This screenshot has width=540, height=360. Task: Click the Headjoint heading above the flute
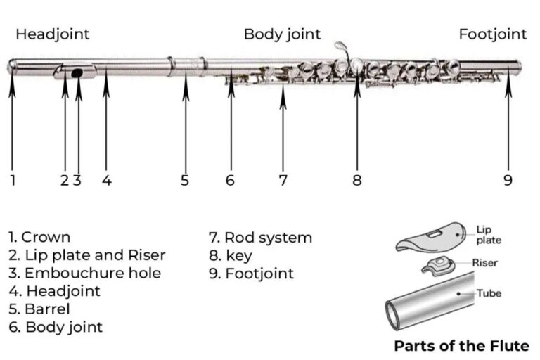[53, 34]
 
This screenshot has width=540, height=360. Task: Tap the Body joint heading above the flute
[282, 34]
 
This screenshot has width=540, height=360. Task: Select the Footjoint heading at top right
[492, 34]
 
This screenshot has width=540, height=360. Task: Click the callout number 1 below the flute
[13, 180]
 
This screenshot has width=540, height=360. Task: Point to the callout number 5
[185, 180]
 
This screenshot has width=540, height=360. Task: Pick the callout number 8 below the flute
[357, 180]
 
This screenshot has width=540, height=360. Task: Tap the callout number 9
[508, 180]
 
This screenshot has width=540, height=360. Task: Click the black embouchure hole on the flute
[77, 72]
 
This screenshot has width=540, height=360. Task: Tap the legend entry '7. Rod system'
[260, 238]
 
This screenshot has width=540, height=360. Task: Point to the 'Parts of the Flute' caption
[461, 345]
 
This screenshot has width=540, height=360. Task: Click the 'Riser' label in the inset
[485, 263]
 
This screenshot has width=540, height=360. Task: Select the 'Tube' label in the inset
[489, 292]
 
